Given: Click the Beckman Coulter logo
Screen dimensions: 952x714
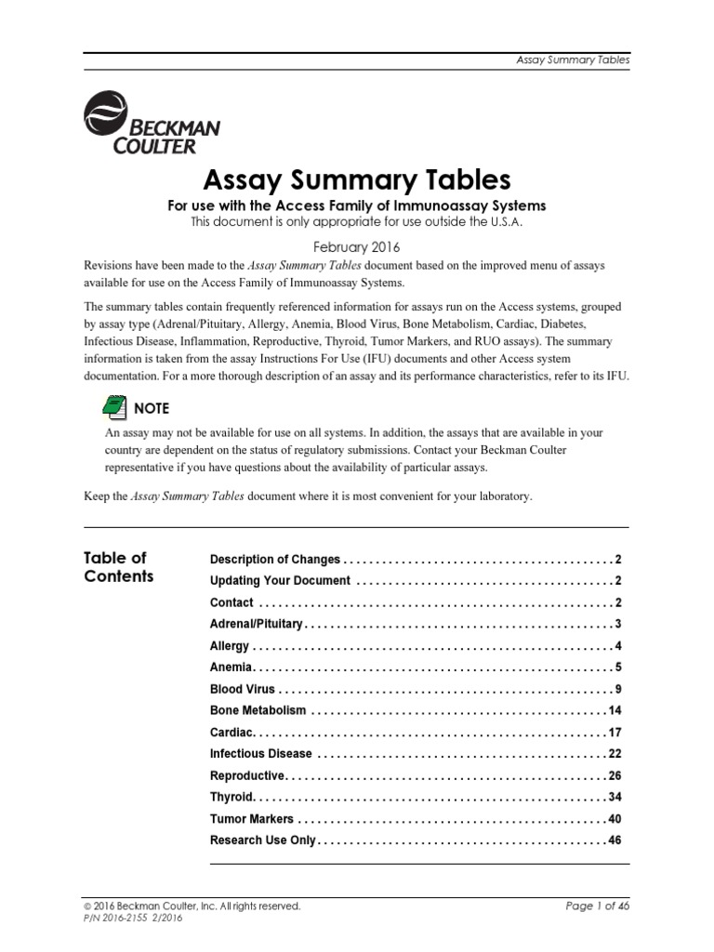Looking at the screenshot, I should point(151,126).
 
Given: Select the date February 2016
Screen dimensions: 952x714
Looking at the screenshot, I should point(356,247).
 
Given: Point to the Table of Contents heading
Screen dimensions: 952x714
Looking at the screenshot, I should point(118,567).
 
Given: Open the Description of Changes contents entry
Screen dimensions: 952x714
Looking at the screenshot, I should point(275,560).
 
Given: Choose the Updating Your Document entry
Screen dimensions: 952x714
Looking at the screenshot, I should point(280,581).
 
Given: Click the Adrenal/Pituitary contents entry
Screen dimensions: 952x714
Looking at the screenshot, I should point(257,624).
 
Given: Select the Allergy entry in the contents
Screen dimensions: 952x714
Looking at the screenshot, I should point(230,645).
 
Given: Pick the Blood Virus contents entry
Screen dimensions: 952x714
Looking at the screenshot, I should point(243,689).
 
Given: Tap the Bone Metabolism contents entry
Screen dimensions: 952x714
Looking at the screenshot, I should point(258,710).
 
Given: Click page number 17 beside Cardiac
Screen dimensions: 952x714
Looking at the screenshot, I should point(614,733).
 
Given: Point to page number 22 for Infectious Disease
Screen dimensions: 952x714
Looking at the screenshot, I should point(614,754).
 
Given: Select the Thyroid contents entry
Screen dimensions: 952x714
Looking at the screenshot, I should point(231,797).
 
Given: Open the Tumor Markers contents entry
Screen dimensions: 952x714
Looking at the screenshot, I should point(252,819).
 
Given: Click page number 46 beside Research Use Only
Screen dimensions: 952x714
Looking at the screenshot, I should point(614,840).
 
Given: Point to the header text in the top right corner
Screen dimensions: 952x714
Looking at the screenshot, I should point(573,59).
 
